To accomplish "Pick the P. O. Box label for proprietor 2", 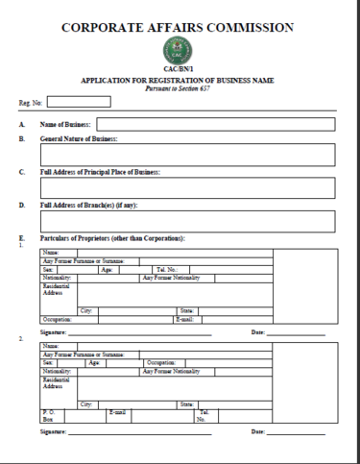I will (x=48, y=414).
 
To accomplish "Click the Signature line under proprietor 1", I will (x=144, y=332).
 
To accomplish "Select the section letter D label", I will (x=20, y=205).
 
